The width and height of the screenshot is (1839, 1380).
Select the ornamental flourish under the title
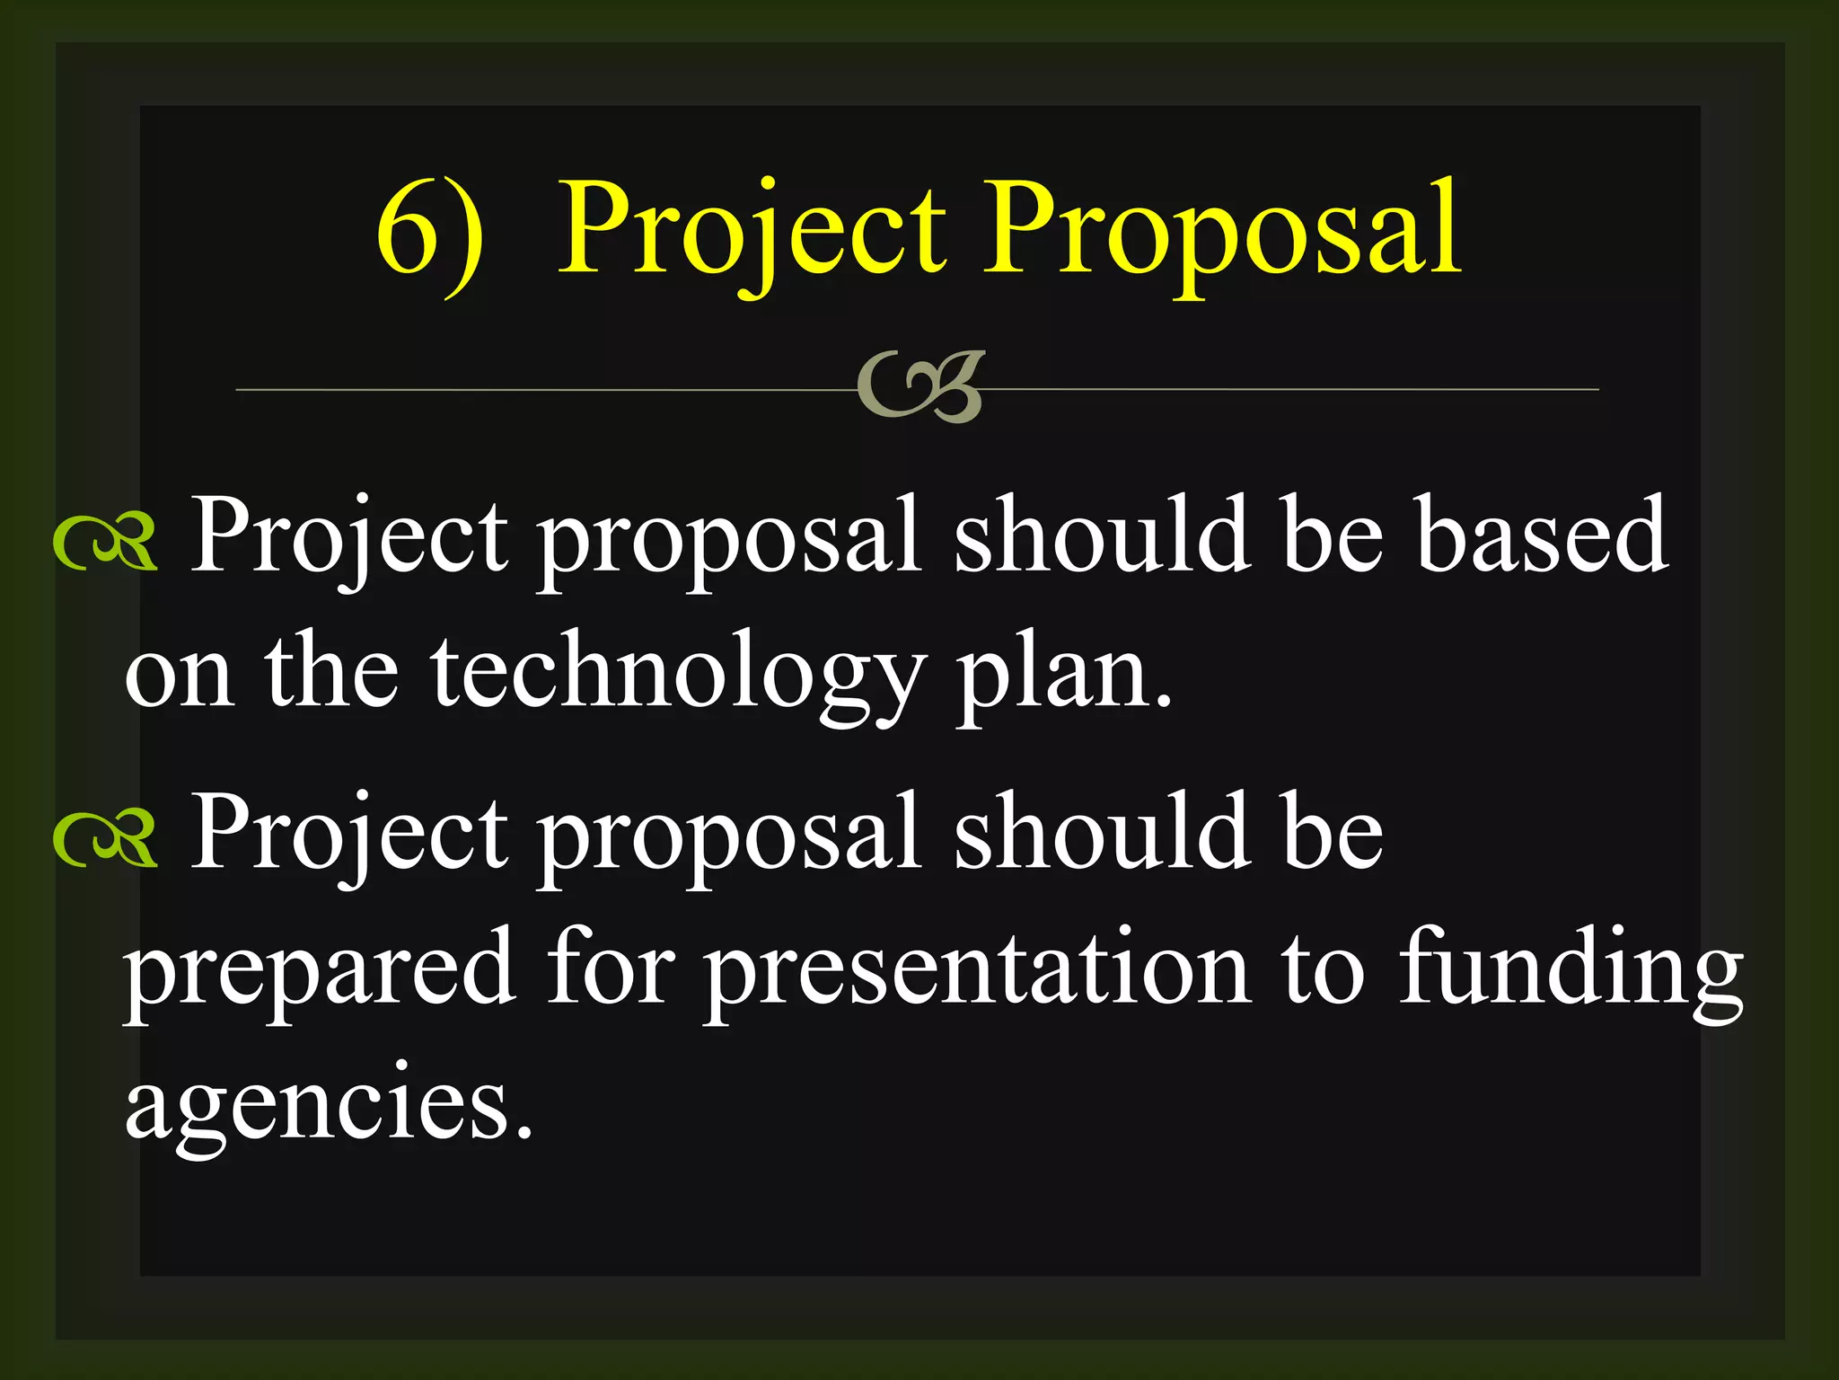pyautogui.click(x=921, y=386)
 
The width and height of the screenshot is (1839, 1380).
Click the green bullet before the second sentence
pyautogui.click(x=106, y=839)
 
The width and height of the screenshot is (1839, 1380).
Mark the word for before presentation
pyautogui.click(x=611, y=969)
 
